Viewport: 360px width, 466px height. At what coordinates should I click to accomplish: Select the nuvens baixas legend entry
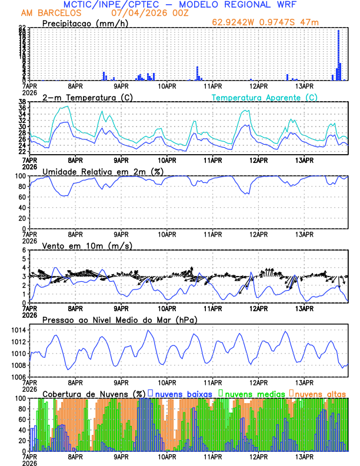181,393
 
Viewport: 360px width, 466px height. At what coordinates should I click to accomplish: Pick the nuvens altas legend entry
319,393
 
